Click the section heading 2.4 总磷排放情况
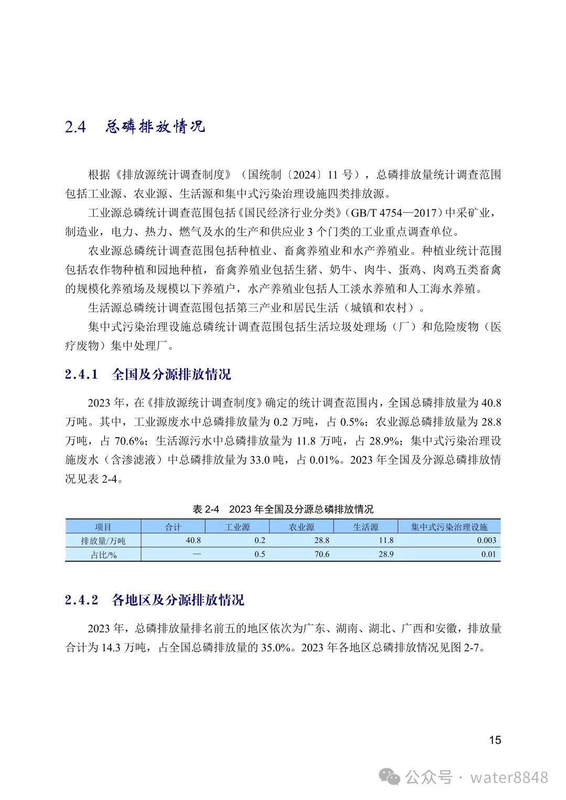135,127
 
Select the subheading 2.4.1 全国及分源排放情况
148,374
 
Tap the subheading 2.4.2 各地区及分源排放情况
155,600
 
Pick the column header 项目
103,527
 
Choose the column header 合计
173,527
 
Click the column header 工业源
237,527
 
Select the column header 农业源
301,527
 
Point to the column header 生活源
365,527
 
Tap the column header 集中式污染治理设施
449,527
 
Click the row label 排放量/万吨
103,541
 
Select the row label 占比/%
103,554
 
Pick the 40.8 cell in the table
193,540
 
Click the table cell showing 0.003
486,540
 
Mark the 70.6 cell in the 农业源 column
322,554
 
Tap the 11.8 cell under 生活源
386,540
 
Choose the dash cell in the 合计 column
197,554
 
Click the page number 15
495,740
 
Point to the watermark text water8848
509,777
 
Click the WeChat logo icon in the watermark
390,777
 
